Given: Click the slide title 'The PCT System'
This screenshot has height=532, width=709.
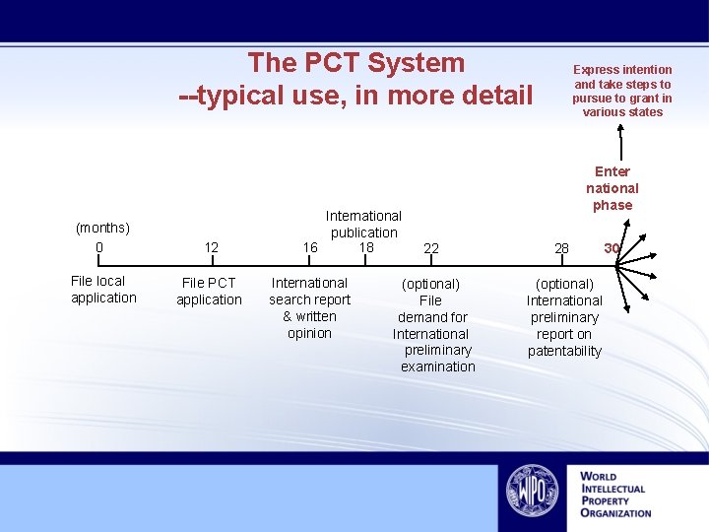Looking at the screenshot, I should coord(355,63).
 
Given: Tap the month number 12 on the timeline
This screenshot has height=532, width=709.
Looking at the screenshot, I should coord(211,248).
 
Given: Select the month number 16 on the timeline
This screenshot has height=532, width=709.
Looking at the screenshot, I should coord(310,247).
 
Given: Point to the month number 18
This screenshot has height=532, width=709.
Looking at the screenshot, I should coord(366,246).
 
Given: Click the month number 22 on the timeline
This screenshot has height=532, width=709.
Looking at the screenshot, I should coord(431,249).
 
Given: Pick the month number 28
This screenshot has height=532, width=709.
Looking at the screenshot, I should coord(561,248).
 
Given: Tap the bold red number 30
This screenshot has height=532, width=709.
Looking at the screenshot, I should coord(612,248).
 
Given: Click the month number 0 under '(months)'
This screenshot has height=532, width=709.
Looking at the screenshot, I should coord(99,246).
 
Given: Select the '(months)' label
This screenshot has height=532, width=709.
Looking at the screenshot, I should coord(102,229).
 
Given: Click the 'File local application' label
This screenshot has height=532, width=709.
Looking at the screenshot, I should coord(103,290).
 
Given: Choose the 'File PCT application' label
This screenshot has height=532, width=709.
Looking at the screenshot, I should coord(209,292).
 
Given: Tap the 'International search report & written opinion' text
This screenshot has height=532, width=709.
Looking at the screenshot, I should coord(309,307).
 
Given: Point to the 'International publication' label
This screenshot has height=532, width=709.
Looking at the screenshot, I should coord(363,224).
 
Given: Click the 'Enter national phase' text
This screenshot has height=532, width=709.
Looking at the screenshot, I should coord(612,188).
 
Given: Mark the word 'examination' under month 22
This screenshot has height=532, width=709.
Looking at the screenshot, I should coord(437,366).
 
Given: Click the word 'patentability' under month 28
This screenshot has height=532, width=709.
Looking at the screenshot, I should coord(564,351).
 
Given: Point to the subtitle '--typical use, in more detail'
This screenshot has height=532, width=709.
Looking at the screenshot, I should coord(355,96).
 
